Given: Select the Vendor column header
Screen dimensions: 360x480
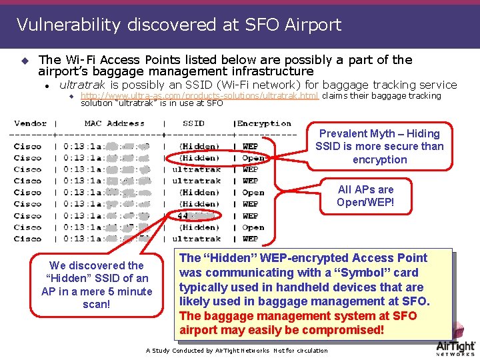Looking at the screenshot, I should tap(30, 123).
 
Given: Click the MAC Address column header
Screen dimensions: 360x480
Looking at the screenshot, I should tap(114, 123).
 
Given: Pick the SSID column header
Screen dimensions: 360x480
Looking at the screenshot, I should tap(193, 123).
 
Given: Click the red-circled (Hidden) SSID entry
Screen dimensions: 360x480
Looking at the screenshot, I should tap(199, 158).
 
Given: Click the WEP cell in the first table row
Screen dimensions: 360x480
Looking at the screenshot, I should tap(250, 147).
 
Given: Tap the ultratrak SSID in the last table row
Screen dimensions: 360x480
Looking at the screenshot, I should tap(196, 239).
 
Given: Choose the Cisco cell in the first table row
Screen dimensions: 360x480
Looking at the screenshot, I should tap(27, 147).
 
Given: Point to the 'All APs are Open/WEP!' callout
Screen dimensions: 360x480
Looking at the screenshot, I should tap(365, 196).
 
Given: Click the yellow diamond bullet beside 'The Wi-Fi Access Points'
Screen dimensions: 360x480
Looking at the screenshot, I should tap(25, 61).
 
